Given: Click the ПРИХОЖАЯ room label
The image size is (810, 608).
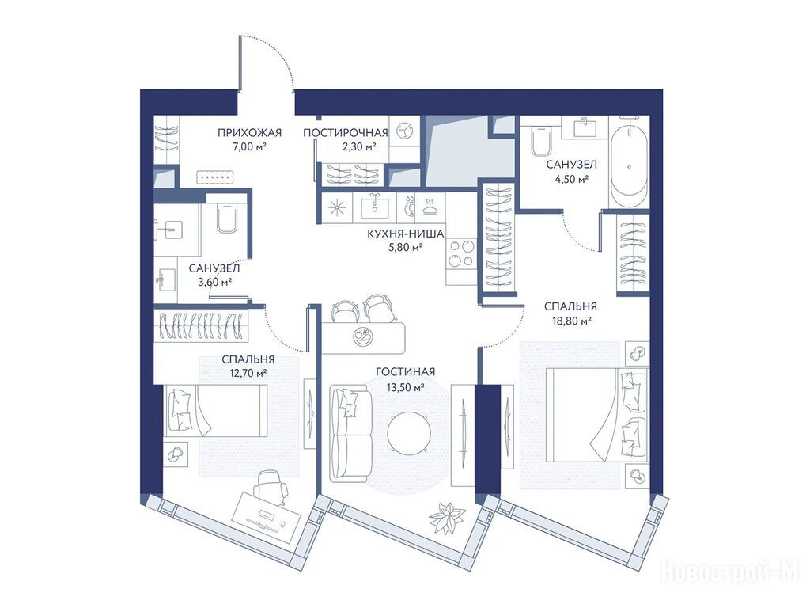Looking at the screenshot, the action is [249, 133].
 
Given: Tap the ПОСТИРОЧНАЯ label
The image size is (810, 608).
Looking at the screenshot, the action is [345, 133].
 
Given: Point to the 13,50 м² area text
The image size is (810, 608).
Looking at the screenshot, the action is [406, 386].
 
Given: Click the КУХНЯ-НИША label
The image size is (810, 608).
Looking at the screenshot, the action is [406, 234].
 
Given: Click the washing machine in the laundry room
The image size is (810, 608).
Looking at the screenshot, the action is [404, 131].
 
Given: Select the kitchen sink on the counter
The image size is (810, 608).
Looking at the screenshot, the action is [374, 207].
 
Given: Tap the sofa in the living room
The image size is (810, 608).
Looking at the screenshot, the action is [350, 432].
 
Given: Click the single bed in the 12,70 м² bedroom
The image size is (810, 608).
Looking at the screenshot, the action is [215, 411].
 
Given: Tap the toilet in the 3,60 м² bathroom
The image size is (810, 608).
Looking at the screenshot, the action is [225, 217].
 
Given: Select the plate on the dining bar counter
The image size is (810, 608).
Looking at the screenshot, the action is [361, 335].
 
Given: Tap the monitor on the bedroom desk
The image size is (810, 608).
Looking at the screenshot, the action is [267, 515].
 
